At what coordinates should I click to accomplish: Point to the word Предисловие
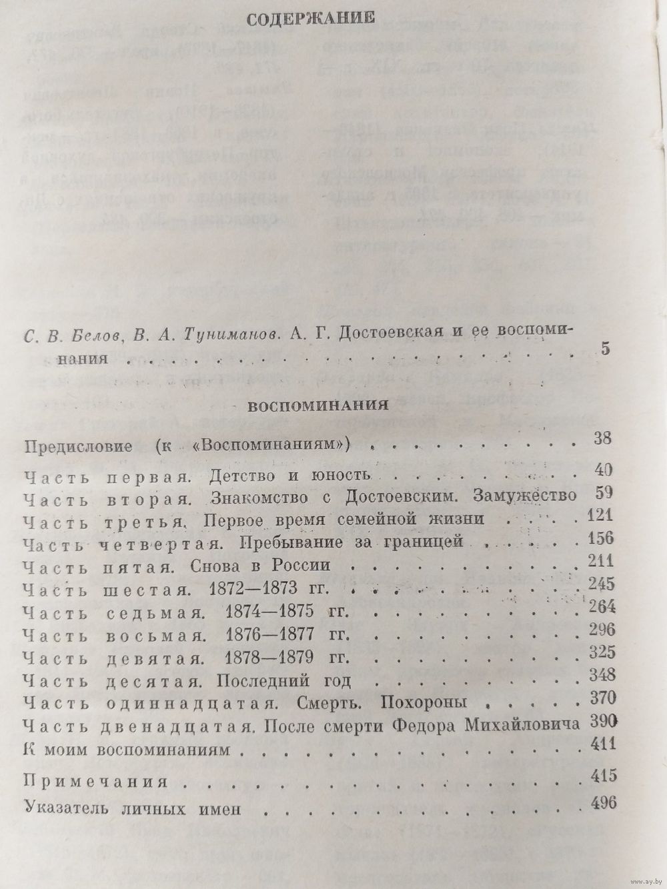click(x=77, y=446)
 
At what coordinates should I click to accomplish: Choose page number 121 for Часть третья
click(x=600, y=517)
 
